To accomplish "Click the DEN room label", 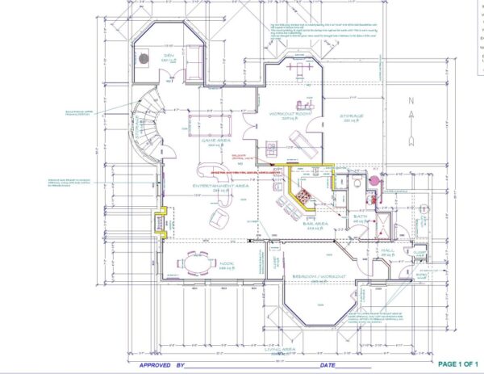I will tap(168, 57).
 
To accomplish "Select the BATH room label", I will tap(361, 217).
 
